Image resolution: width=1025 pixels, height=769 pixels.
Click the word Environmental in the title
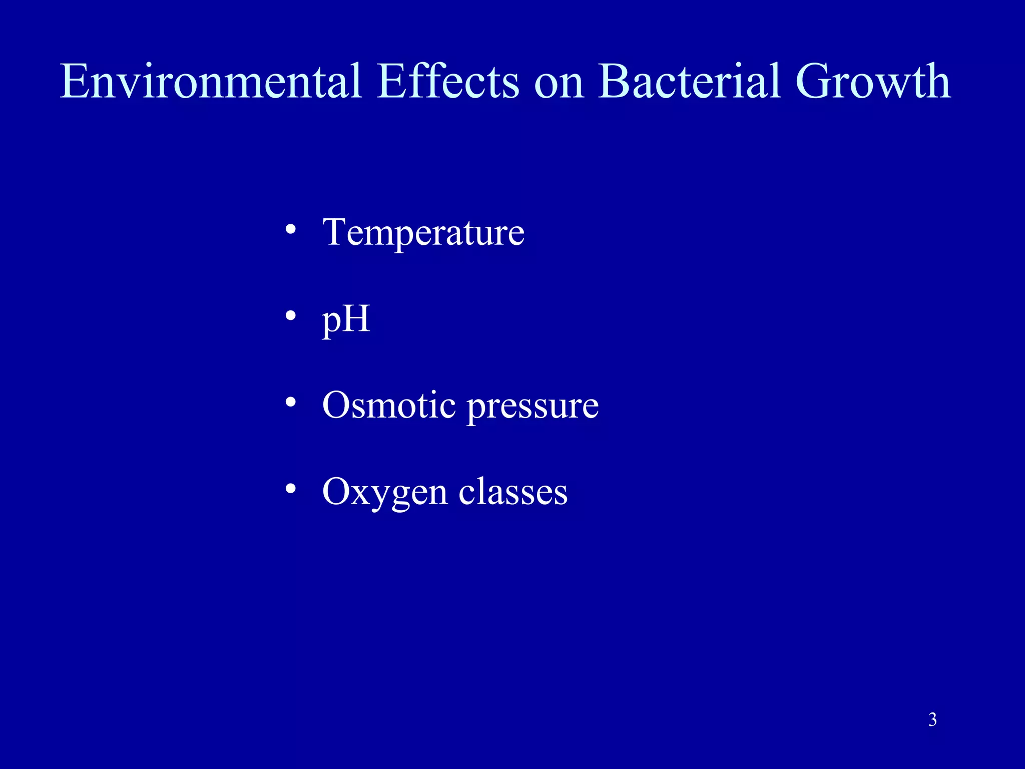coord(211,81)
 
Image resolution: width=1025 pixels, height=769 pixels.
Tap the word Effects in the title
coord(448,81)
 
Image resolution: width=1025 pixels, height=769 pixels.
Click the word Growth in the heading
coord(873,81)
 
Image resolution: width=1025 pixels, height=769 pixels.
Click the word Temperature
coord(423,233)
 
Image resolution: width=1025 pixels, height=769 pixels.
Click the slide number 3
coord(932,720)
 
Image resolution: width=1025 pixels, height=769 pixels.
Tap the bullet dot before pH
coord(291,316)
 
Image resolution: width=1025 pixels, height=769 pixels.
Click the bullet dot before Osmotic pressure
coord(291,402)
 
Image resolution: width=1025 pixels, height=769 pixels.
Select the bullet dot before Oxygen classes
coord(291,489)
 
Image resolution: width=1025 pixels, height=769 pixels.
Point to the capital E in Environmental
coord(76,81)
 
